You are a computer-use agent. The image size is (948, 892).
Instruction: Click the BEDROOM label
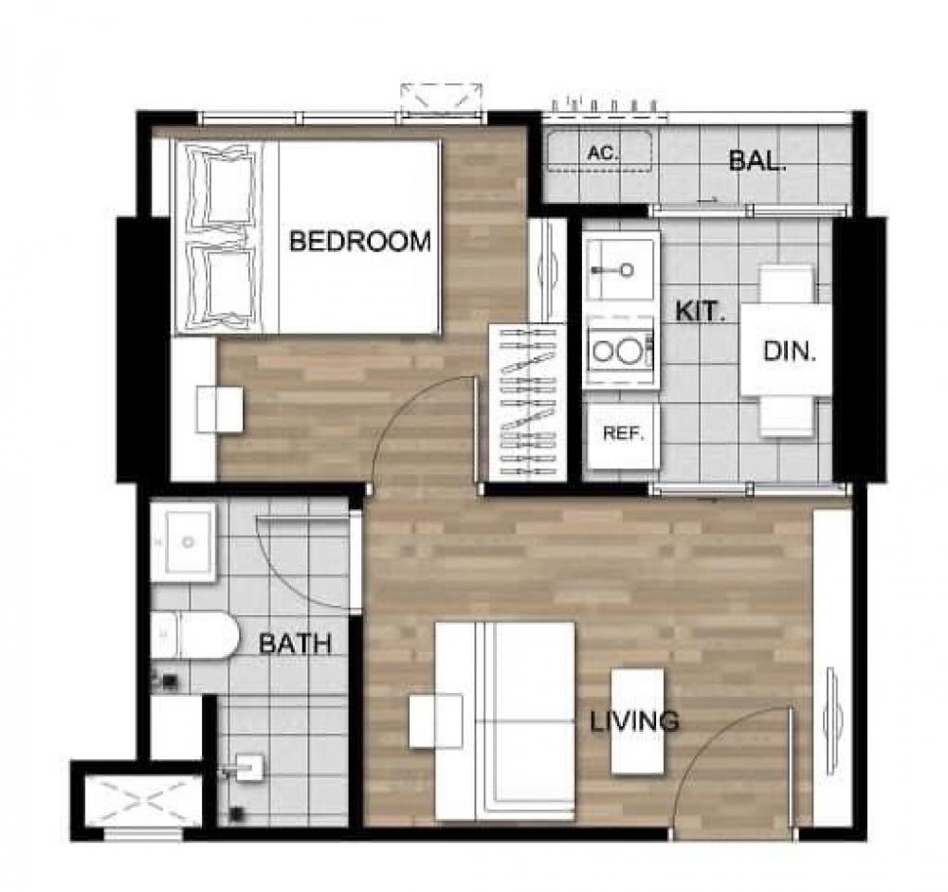(x=359, y=242)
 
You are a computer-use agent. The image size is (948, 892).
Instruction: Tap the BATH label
(x=296, y=644)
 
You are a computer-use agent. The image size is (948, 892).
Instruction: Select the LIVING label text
(x=634, y=720)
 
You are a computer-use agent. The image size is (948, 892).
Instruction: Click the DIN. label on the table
(x=790, y=351)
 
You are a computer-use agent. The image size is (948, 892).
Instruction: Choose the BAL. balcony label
(x=757, y=160)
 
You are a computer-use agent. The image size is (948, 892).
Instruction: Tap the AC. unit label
(x=603, y=153)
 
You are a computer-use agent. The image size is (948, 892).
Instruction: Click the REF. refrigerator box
(x=623, y=435)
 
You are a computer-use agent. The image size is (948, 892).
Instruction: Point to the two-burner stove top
(x=620, y=350)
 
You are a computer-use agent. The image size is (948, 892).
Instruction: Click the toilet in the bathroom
(x=194, y=635)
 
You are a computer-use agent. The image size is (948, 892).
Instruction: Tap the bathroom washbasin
(x=183, y=542)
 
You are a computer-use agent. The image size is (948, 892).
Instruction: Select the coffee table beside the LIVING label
(x=637, y=720)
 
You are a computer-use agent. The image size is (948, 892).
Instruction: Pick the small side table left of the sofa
(x=435, y=720)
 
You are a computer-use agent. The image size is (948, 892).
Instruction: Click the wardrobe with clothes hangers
(x=527, y=403)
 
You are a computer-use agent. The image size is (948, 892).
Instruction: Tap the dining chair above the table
(x=785, y=284)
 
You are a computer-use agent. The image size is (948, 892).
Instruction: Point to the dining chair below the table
(x=785, y=415)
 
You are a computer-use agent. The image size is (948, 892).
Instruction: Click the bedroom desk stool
(x=220, y=410)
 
